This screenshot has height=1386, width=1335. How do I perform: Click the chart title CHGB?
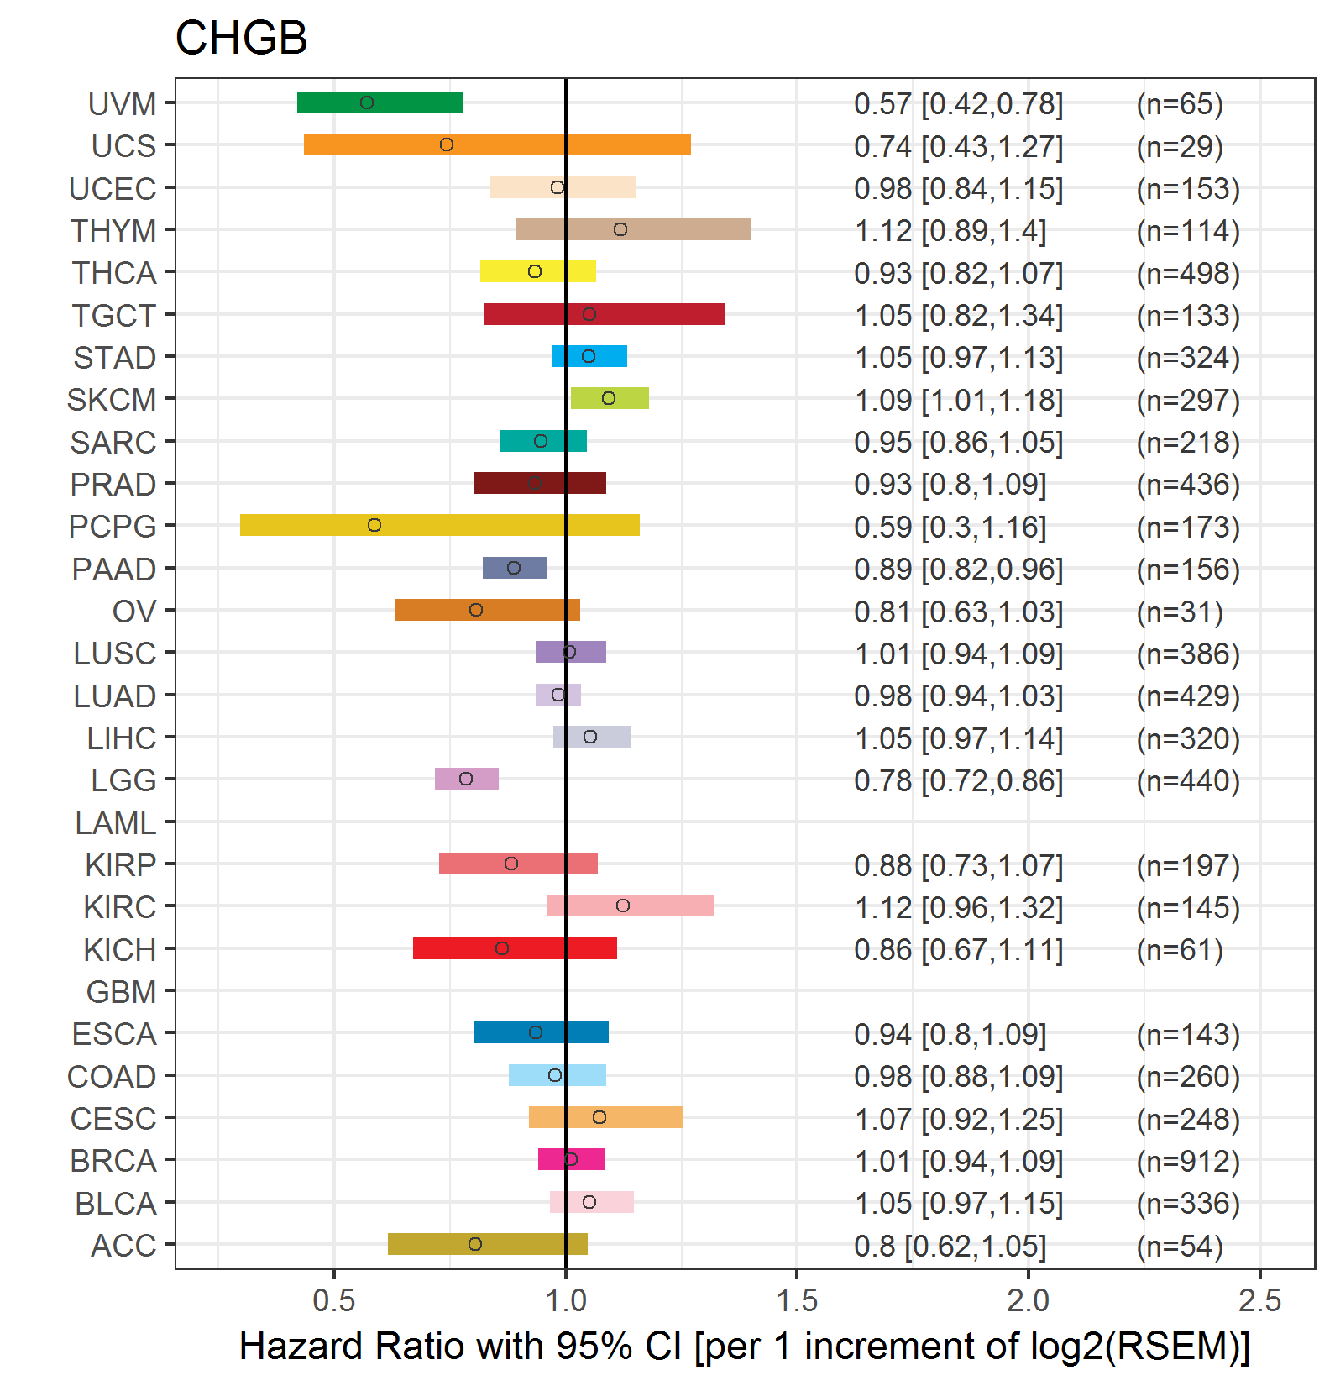(241, 39)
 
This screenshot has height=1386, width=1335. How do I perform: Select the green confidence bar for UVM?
(380, 102)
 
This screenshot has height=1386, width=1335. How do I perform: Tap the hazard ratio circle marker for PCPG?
(374, 525)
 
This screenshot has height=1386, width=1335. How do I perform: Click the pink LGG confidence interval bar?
(467, 779)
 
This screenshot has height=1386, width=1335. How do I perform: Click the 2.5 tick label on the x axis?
(1259, 1301)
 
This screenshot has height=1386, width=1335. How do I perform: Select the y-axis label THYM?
(113, 231)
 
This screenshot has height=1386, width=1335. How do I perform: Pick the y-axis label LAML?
(116, 823)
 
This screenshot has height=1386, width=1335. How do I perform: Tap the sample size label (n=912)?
(1188, 1162)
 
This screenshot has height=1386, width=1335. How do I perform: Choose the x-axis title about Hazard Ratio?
(745, 1346)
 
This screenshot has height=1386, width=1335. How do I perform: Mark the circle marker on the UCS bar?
(447, 144)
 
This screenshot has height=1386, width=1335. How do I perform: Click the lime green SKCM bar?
(610, 398)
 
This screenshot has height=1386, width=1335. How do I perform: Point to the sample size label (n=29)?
(1180, 147)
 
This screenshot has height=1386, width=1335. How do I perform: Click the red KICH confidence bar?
(515, 948)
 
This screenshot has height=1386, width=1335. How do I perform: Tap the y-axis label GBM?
(122, 992)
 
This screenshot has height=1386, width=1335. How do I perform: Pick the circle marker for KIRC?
(623, 906)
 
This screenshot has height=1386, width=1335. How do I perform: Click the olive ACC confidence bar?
(488, 1244)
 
